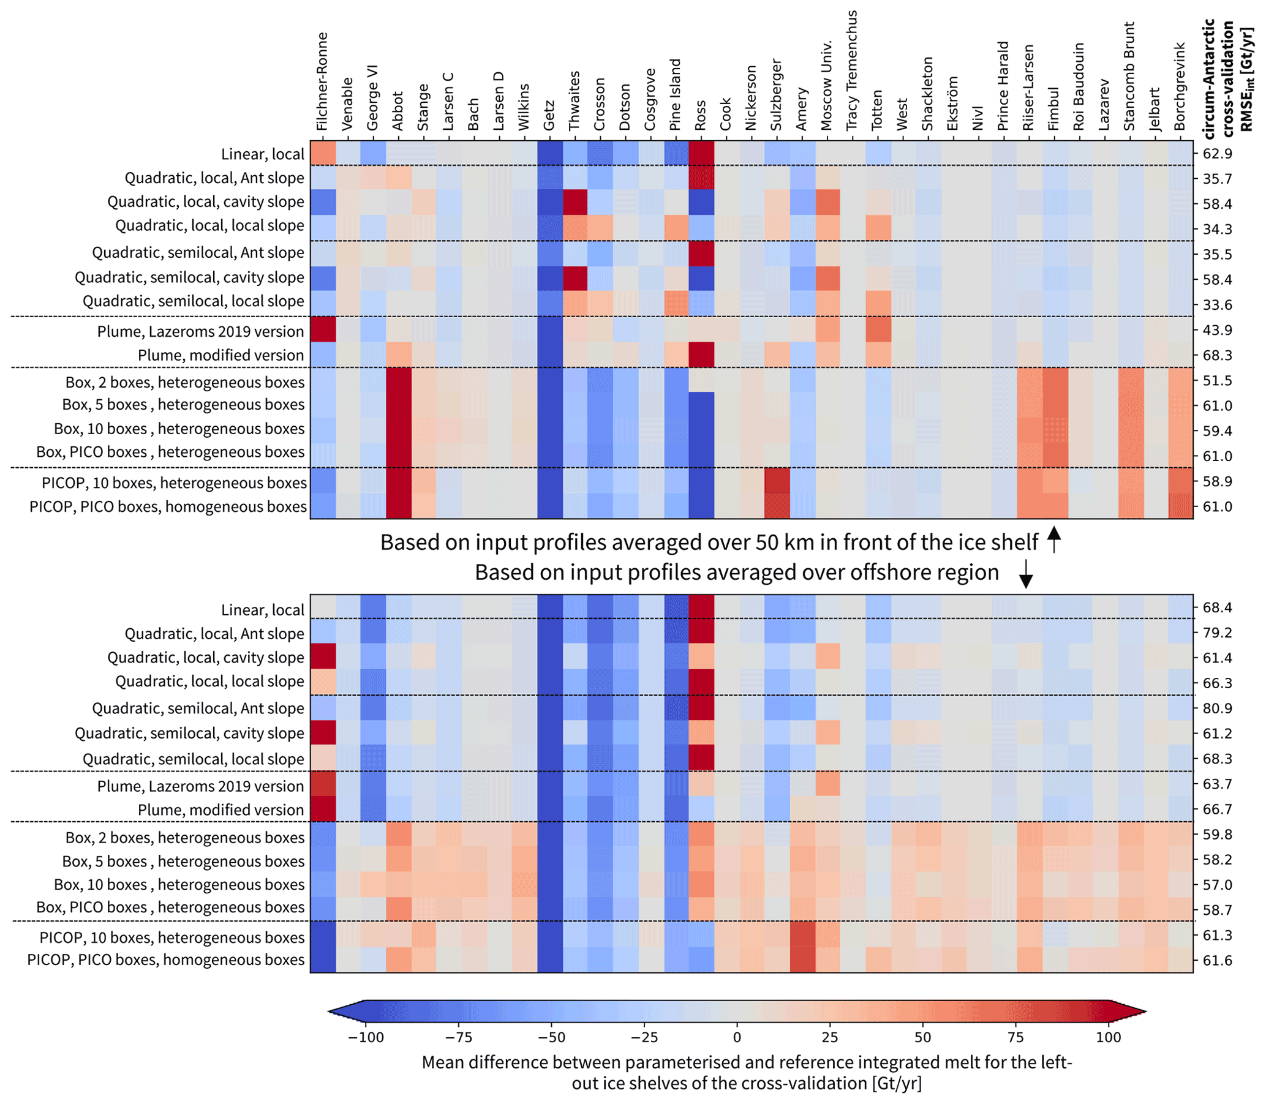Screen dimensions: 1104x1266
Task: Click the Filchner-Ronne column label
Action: coord(322,82)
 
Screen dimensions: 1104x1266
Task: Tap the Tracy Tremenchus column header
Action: coord(852,70)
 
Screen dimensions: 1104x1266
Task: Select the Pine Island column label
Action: coord(676,94)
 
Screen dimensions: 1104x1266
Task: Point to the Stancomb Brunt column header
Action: coord(1129,77)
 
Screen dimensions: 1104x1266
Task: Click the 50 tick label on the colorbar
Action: coord(922,1037)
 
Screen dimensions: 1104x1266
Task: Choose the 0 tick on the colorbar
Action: coord(737,1037)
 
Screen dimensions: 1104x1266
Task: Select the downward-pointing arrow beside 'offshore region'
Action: coord(1026,573)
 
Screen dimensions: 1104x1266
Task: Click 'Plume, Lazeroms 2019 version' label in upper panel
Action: coord(200,331)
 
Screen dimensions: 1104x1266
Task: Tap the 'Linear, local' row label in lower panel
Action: coord(263,610)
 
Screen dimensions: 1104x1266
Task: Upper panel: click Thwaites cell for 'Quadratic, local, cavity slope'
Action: coord(575,201)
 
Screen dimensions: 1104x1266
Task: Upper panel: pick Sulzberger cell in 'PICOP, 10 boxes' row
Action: coord(777,481)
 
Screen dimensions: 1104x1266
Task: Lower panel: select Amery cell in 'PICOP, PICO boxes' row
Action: coord(802,960)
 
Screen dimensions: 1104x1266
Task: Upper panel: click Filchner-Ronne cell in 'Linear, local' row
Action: coord(323,154)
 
